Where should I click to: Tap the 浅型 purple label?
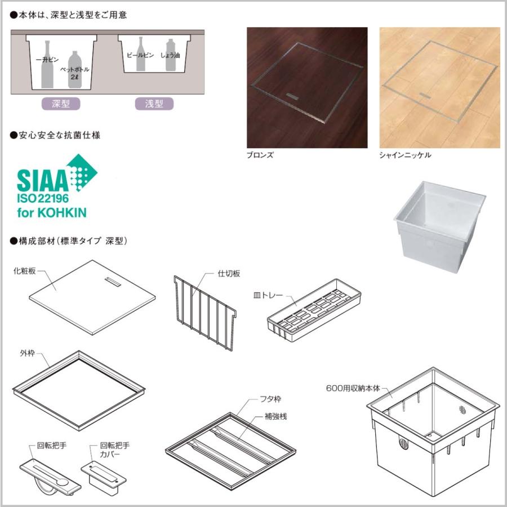pos(154,104)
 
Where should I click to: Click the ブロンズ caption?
pos(260,155)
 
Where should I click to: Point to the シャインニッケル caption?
pos(405,155)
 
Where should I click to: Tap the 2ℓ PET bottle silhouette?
pos(74,69)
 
